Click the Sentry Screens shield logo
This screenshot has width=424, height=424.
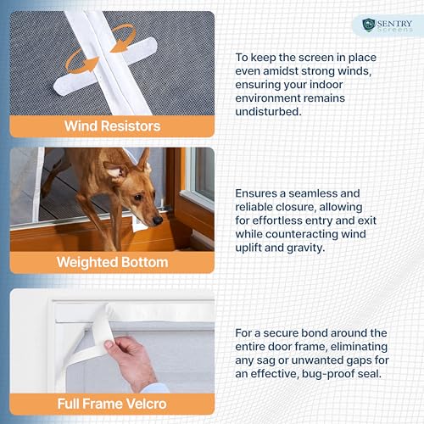[x=369, y=25]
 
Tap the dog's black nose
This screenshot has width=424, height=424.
[x=158, y=220]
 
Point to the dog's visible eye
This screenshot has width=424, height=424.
[x=137, y=197]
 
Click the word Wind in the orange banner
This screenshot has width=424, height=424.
[x=81, y=126]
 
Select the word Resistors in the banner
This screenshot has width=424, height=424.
[x=131, y=126]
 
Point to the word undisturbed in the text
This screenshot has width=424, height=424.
[x=268, y=112]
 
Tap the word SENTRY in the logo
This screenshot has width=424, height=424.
[x=394, y=23]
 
